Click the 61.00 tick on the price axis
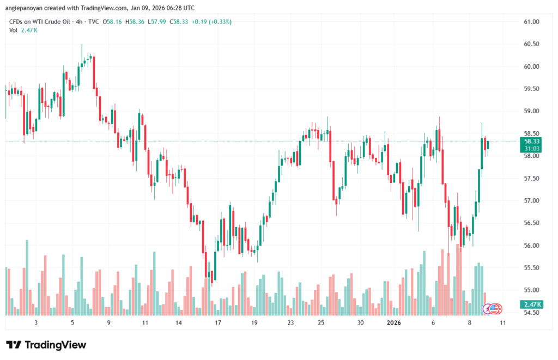[x=531, y=22]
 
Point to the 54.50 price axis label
[x=531, y=313]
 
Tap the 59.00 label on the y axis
[x=531, y=111]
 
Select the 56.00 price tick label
[x=531, y=246]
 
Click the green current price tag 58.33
[x=531, y=141]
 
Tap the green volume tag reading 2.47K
[x=531, y=304]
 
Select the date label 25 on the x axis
[x=321, y=323]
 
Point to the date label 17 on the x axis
[x=217, y=323]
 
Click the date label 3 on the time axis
[x=36, y=323]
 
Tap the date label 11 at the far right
[x=502, y=323]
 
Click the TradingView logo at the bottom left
[x=46, y=345]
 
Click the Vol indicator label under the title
[x=14, y=30]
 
